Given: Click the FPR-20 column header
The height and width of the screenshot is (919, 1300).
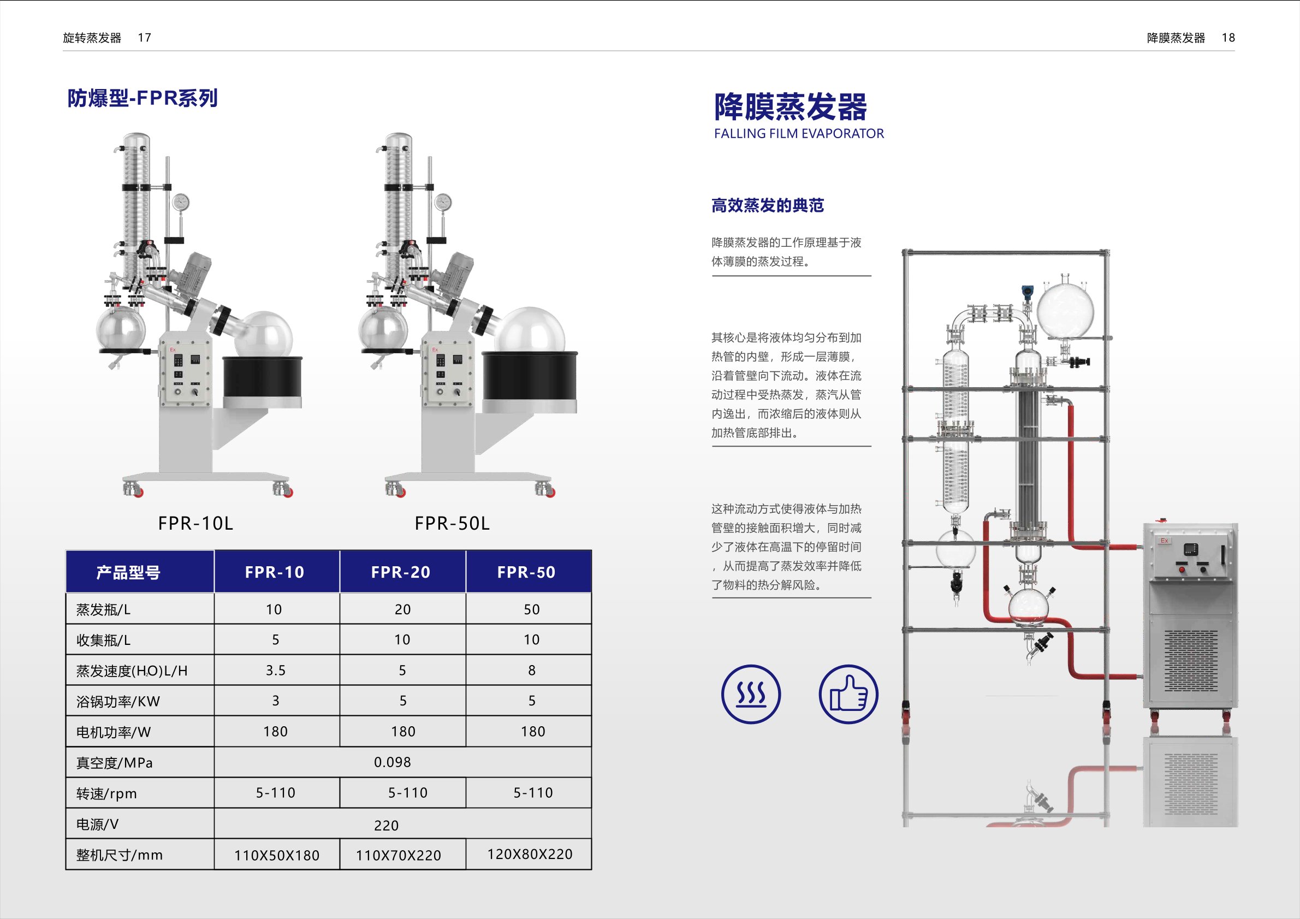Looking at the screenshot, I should [x=401, y=572].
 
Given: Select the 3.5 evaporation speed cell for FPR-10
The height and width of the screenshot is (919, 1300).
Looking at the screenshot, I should [x=276, y=671].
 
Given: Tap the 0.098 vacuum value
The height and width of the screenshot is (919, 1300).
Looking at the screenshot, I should [x=393, y=762].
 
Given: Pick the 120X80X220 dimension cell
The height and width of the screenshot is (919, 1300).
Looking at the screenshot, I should [x=530, y=854].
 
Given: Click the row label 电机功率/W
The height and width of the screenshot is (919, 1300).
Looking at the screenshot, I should [x=114, y=732].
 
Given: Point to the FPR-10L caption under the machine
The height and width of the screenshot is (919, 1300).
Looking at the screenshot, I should [x=195, y=523].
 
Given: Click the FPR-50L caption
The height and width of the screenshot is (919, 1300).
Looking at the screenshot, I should [x=452, y=523].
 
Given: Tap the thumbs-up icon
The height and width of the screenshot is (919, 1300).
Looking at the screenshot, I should [x=848, y=694].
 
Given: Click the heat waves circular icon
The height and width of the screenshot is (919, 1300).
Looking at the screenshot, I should [x=751, y=694].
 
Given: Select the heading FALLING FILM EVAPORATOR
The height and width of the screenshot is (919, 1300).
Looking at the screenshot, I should [x=798, y=134].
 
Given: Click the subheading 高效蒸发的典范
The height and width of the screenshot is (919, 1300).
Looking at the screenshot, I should [x=767, y=205].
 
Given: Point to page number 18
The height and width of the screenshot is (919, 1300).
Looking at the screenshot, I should [x=1228, y=38].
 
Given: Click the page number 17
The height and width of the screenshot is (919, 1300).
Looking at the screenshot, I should [x=144, y=38].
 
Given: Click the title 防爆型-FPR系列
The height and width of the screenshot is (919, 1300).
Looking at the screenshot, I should [x=143, y=98].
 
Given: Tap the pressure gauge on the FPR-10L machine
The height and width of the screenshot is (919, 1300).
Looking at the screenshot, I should [x=181, y=202].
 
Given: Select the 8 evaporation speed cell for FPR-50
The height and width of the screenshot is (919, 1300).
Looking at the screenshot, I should [x=532, y=671].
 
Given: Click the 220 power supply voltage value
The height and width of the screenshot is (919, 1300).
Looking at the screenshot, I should [x=386, y=826].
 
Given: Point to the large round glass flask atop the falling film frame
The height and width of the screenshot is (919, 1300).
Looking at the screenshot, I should [x=1065, y=309].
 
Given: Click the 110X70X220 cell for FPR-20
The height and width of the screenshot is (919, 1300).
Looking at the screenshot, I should [x=399, y=855].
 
